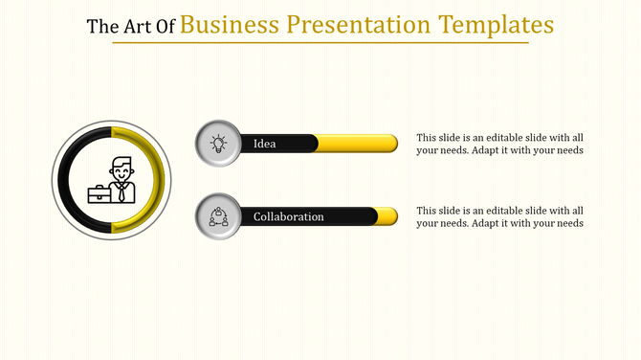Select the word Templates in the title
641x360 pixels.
pos(497,24)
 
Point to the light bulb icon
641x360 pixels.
pos(218,144)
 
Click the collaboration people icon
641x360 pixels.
pos(218,216)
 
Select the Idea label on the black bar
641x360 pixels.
pos(265,144)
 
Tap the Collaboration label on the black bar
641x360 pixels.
pos(288,217)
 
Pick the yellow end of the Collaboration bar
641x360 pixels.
pos(387,216)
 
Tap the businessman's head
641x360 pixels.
pos(122,169)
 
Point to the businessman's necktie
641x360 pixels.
pos(122,192)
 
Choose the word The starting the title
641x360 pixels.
pos(99,26)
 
